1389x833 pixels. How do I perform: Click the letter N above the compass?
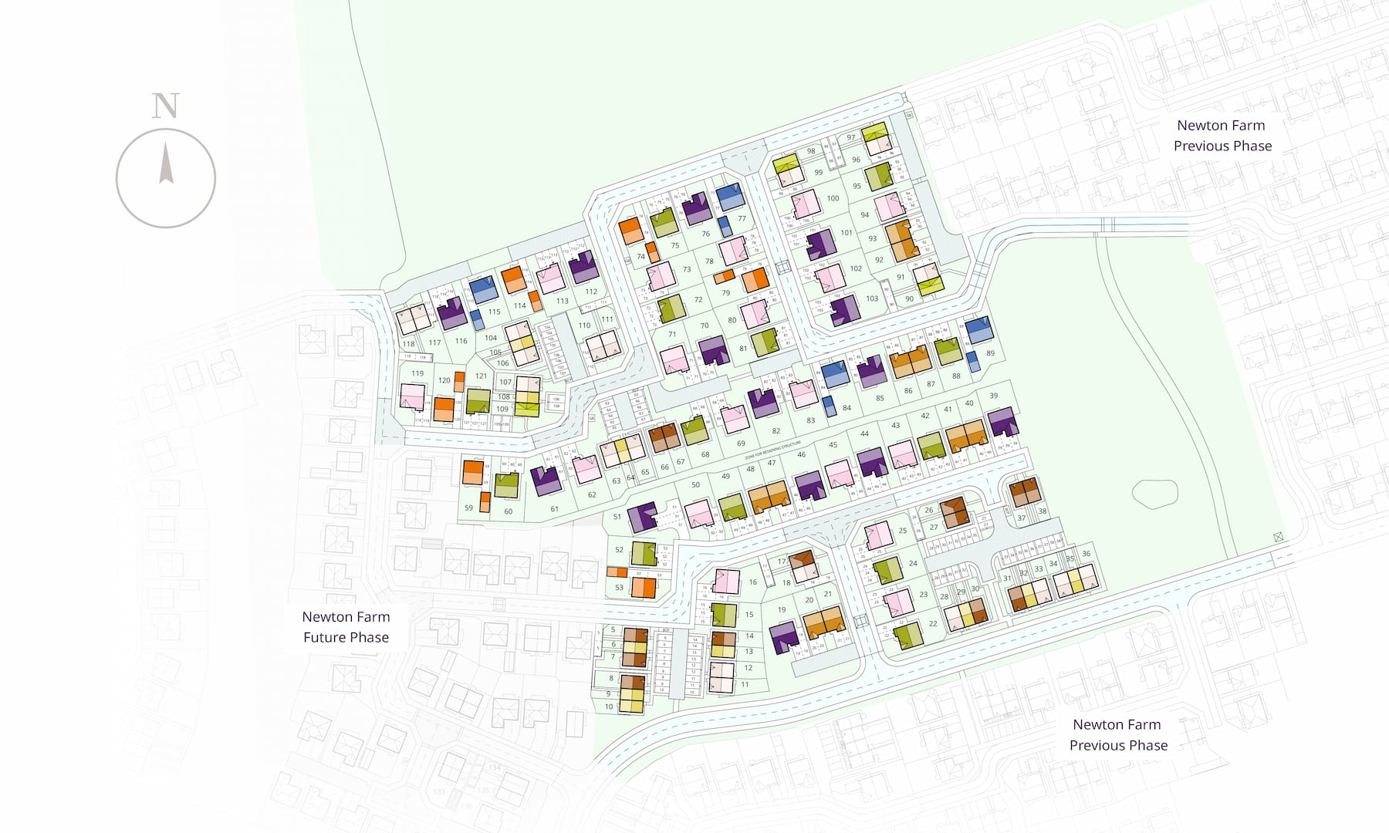(165, 106)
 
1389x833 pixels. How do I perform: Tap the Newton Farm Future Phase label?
(346, 627)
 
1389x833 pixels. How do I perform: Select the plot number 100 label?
(833, 198)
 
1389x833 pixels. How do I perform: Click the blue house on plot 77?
(730, 197)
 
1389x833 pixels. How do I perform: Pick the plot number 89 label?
(990, 353)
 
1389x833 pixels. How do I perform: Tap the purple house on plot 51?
(641, 516)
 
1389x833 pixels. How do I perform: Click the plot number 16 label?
(752, 582)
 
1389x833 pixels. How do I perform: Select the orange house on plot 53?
(644, 588)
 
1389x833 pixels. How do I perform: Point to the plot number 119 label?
(417, 373)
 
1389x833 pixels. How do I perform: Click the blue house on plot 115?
(483, 289)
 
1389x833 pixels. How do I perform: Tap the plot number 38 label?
(1042, 511)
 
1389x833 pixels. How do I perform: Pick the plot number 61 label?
(554, 509)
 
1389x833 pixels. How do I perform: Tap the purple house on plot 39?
(1003, 422)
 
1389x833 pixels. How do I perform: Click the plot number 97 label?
(850, 137)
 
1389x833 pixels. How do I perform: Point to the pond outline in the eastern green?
(1154, 494)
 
